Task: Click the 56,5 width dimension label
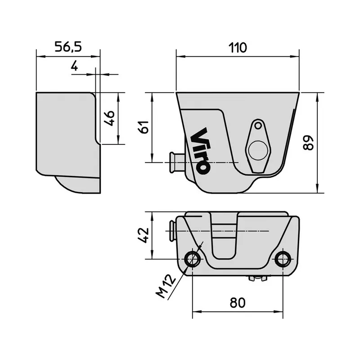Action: pyautogui.click(x=67, y=47)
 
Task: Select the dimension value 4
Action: pyautogui.click(x=75, y=66)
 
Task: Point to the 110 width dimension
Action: pyautogui.click(x=237, y=47)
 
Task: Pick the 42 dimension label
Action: pyautogui.click(x=143, y=235)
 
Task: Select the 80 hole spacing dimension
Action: pyautogui.click(x=237, y=302)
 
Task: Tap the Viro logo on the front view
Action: pyautogui.click(x=200, y=151)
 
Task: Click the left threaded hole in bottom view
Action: pyautogui.click(x=193, y=259)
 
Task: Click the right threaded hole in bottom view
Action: pyautogui.click(x=283, y=259)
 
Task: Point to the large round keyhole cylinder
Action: pyautogui.click(x=257, y=150)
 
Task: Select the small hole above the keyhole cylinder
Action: pyautogui.click(x=258, y=126)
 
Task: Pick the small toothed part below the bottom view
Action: pyautogui.click(x=258, y=279)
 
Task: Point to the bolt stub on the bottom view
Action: pyautogui.click(x=172, y=230)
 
